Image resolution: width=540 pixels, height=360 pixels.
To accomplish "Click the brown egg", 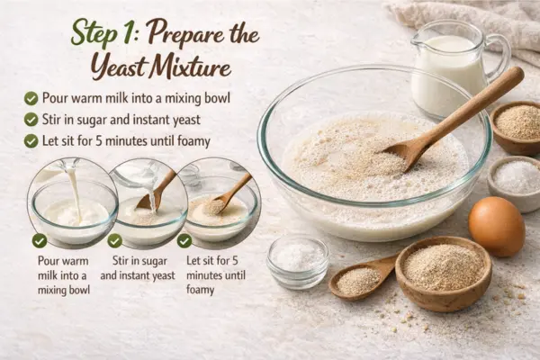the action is click(x=497, y=226).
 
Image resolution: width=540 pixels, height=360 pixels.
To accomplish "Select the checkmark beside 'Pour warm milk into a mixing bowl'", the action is click(x=31, y=98).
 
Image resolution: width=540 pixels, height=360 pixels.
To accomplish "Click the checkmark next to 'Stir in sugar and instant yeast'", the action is click(x=31, y=120).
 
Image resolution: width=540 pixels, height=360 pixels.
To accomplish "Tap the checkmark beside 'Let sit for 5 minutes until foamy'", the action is click(x=31, y=141).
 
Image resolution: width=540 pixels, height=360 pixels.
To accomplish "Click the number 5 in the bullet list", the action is click(x=99, y=141).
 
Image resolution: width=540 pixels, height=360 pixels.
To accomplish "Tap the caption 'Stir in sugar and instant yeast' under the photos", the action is click(x=138, y=268).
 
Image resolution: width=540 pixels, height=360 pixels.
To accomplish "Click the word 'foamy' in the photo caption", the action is click(x=200, y=290).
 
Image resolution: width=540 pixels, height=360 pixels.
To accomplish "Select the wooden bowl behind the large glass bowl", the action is click(x=517, y=128).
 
